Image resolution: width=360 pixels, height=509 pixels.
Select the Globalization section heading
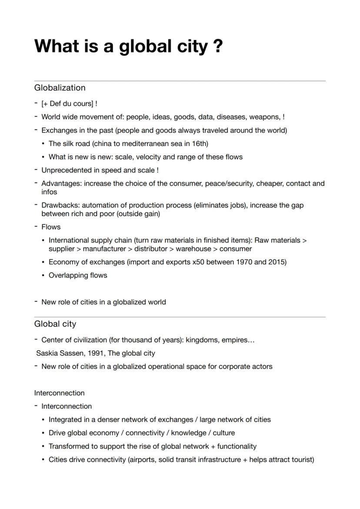pos(60,88)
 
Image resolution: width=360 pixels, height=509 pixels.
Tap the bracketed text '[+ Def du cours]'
pos(67,104)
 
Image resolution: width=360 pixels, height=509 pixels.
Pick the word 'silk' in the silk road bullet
pos(69,143)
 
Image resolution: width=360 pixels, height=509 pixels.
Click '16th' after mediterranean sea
pos(200,143)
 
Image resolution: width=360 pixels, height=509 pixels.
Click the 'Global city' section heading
pos(55,324)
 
